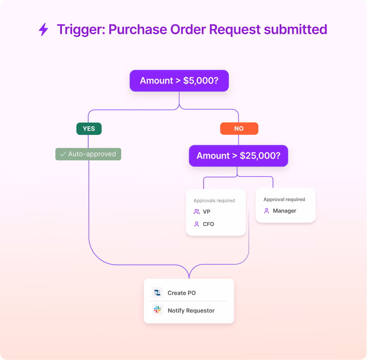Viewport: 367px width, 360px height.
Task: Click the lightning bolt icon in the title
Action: pyautogui.click(x=43, y=30)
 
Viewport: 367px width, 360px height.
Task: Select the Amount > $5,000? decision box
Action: pyautogui.click(x=179, y=81)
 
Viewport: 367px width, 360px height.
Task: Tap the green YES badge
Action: pyautogui.click(x=89, y=129)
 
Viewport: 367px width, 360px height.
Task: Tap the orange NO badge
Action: pyautogui.click(x=239, y=129)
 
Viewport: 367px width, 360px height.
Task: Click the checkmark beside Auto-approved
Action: pyautogui.click(x=63, y=154)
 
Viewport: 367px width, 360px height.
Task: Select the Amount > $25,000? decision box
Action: pyautogui.click(x=238, y=156)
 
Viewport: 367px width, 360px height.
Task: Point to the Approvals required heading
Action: pyautogui.click(x=214, y=201)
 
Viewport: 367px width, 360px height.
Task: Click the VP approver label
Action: pyautogui.click(x=206, y=212)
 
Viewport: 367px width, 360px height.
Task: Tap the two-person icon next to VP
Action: pyautogui.click(x=197, y=212)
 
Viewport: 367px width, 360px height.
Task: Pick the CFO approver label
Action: pyautogui.click(x=209, y=224)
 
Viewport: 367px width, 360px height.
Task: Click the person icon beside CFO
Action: pyautogui.click(x=197, y=224)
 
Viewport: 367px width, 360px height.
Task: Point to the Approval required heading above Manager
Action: pyautogui.click(x=284, y=200)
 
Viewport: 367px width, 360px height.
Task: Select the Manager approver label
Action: pyautogui.click(x=285, y=211)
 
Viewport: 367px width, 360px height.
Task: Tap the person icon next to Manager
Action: pyautogui.click(x=267, y=211)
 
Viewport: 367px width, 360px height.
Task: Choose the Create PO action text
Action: pyautogui.click(x=181, y=293)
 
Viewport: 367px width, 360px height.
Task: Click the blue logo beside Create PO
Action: pyautogui.click(x=157, y=293)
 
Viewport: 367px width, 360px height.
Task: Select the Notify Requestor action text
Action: pyautogui.click(x=191, y=311)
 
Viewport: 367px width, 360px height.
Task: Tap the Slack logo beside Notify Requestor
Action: pyautogui.click(x=157, y=310)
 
